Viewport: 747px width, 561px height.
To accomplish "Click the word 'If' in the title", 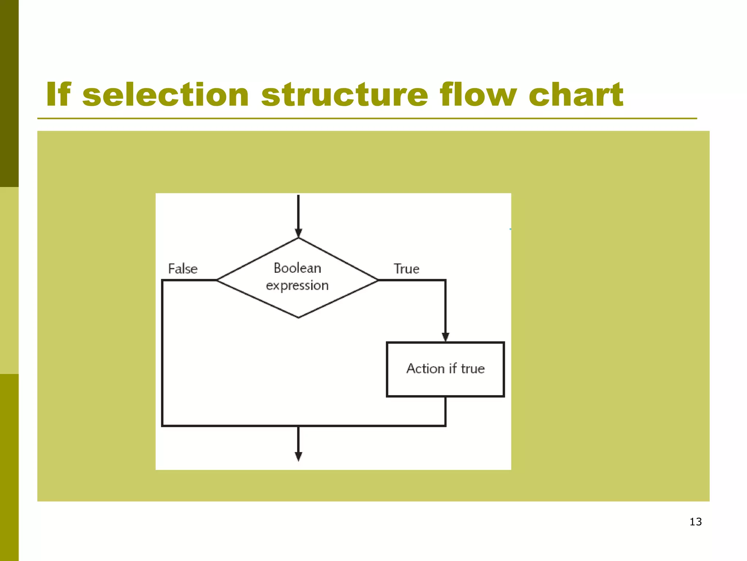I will click(x=58, y=95).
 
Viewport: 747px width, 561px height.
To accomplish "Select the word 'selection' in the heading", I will click(x=166, y=95).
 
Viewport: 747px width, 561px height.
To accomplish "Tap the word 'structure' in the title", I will click(x=344, y=95).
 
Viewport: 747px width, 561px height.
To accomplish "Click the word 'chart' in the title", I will click(x=576, y=95).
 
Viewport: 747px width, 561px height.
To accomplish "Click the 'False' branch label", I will click(x=183, y=269).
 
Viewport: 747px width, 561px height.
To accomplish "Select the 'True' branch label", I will click(x=406, y=269).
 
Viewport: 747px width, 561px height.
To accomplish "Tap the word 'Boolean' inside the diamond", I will click(x=297, y=268).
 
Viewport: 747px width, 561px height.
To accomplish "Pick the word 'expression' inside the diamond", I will click(x=297, y=286).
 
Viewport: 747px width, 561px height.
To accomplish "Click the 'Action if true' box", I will click(x=445, y=369).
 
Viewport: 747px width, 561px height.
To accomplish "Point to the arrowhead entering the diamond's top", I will click(x=298, y=233).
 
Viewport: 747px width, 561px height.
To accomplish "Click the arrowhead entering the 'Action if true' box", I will click(x=445, y=337).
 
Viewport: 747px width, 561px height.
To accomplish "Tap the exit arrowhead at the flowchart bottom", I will click(x=298, y=456).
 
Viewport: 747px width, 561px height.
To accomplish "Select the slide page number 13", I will click(x=696, y=522).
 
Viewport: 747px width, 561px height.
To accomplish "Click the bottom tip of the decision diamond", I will click(x=298, y=317).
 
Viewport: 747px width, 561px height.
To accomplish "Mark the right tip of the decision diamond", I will click(x=378, y=280).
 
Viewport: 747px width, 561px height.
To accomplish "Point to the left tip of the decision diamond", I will click(x=217, y=280).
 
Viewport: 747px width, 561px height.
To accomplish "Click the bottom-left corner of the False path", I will click(x=162, y=425).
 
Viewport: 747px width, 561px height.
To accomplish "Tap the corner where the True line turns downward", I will click(x=445, y=280).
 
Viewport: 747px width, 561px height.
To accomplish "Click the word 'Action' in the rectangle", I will click(x=425, y=369).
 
